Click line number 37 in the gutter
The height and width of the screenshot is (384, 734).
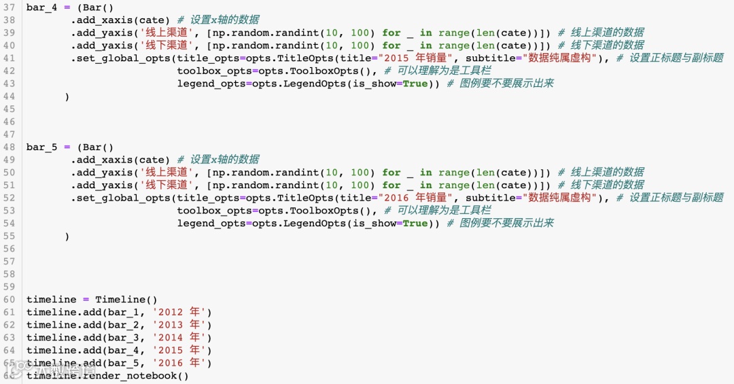pos(9,7)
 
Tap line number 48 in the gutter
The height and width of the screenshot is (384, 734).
pos(9,147)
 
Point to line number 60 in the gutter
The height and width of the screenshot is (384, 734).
pos(9,300)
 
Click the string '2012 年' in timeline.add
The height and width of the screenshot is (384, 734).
pos(181,312)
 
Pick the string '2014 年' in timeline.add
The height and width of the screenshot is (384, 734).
pos(181,338)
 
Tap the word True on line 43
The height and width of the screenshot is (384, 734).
pos(415,84)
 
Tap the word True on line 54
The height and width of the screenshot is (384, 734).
pos(415,224)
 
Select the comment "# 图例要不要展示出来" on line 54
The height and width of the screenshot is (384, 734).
pos(500,224)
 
